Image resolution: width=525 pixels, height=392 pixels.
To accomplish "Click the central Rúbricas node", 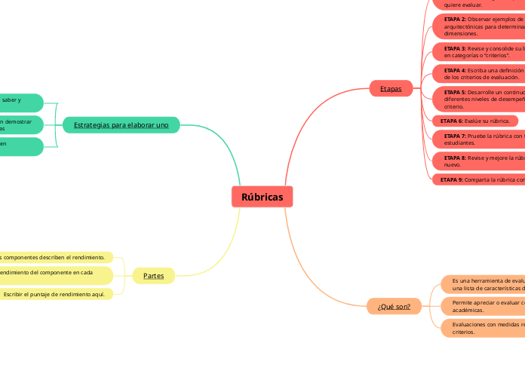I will coord(262,197).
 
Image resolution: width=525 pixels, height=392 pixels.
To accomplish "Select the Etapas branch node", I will coord(391,88).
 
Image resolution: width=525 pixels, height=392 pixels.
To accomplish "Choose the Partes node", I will coord(153,275).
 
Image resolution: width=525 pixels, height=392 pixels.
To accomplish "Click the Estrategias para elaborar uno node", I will coord(121,124).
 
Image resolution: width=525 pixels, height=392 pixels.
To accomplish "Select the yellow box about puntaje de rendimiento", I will coord(56,294).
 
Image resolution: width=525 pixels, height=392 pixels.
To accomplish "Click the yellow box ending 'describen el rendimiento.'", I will coord(56,257).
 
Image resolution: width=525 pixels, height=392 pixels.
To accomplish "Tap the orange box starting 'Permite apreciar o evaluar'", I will coord(483,305).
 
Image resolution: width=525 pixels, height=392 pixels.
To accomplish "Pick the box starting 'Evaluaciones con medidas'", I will coord(483,327).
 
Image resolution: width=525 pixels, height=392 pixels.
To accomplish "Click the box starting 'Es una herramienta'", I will coord(483,283).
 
